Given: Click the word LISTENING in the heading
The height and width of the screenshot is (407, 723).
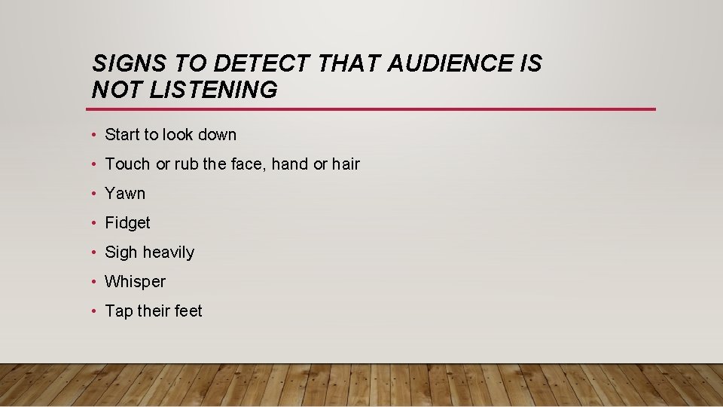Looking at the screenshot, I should click(214, 90).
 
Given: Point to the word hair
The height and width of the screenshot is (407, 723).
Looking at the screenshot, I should click(346, 164).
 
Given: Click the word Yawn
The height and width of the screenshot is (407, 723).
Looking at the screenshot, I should click(125, 194).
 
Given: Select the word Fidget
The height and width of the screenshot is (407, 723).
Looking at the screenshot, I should click(127, 223).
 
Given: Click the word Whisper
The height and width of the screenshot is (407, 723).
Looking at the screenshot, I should click(135, 282).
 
